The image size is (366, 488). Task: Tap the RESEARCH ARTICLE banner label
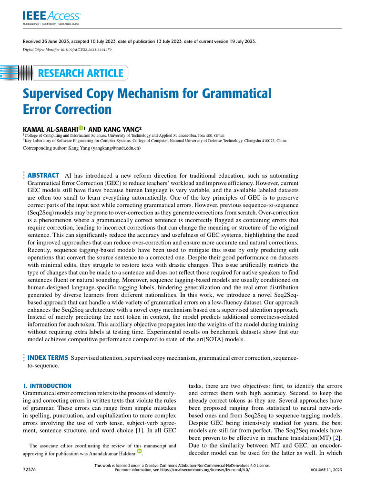(80, 73)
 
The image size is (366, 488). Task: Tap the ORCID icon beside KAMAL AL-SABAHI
(81, 128)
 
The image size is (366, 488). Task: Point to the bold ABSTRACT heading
(43, 175)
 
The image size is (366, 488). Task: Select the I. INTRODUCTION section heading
(47, 386)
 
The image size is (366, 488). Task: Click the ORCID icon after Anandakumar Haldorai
(139, 451)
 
